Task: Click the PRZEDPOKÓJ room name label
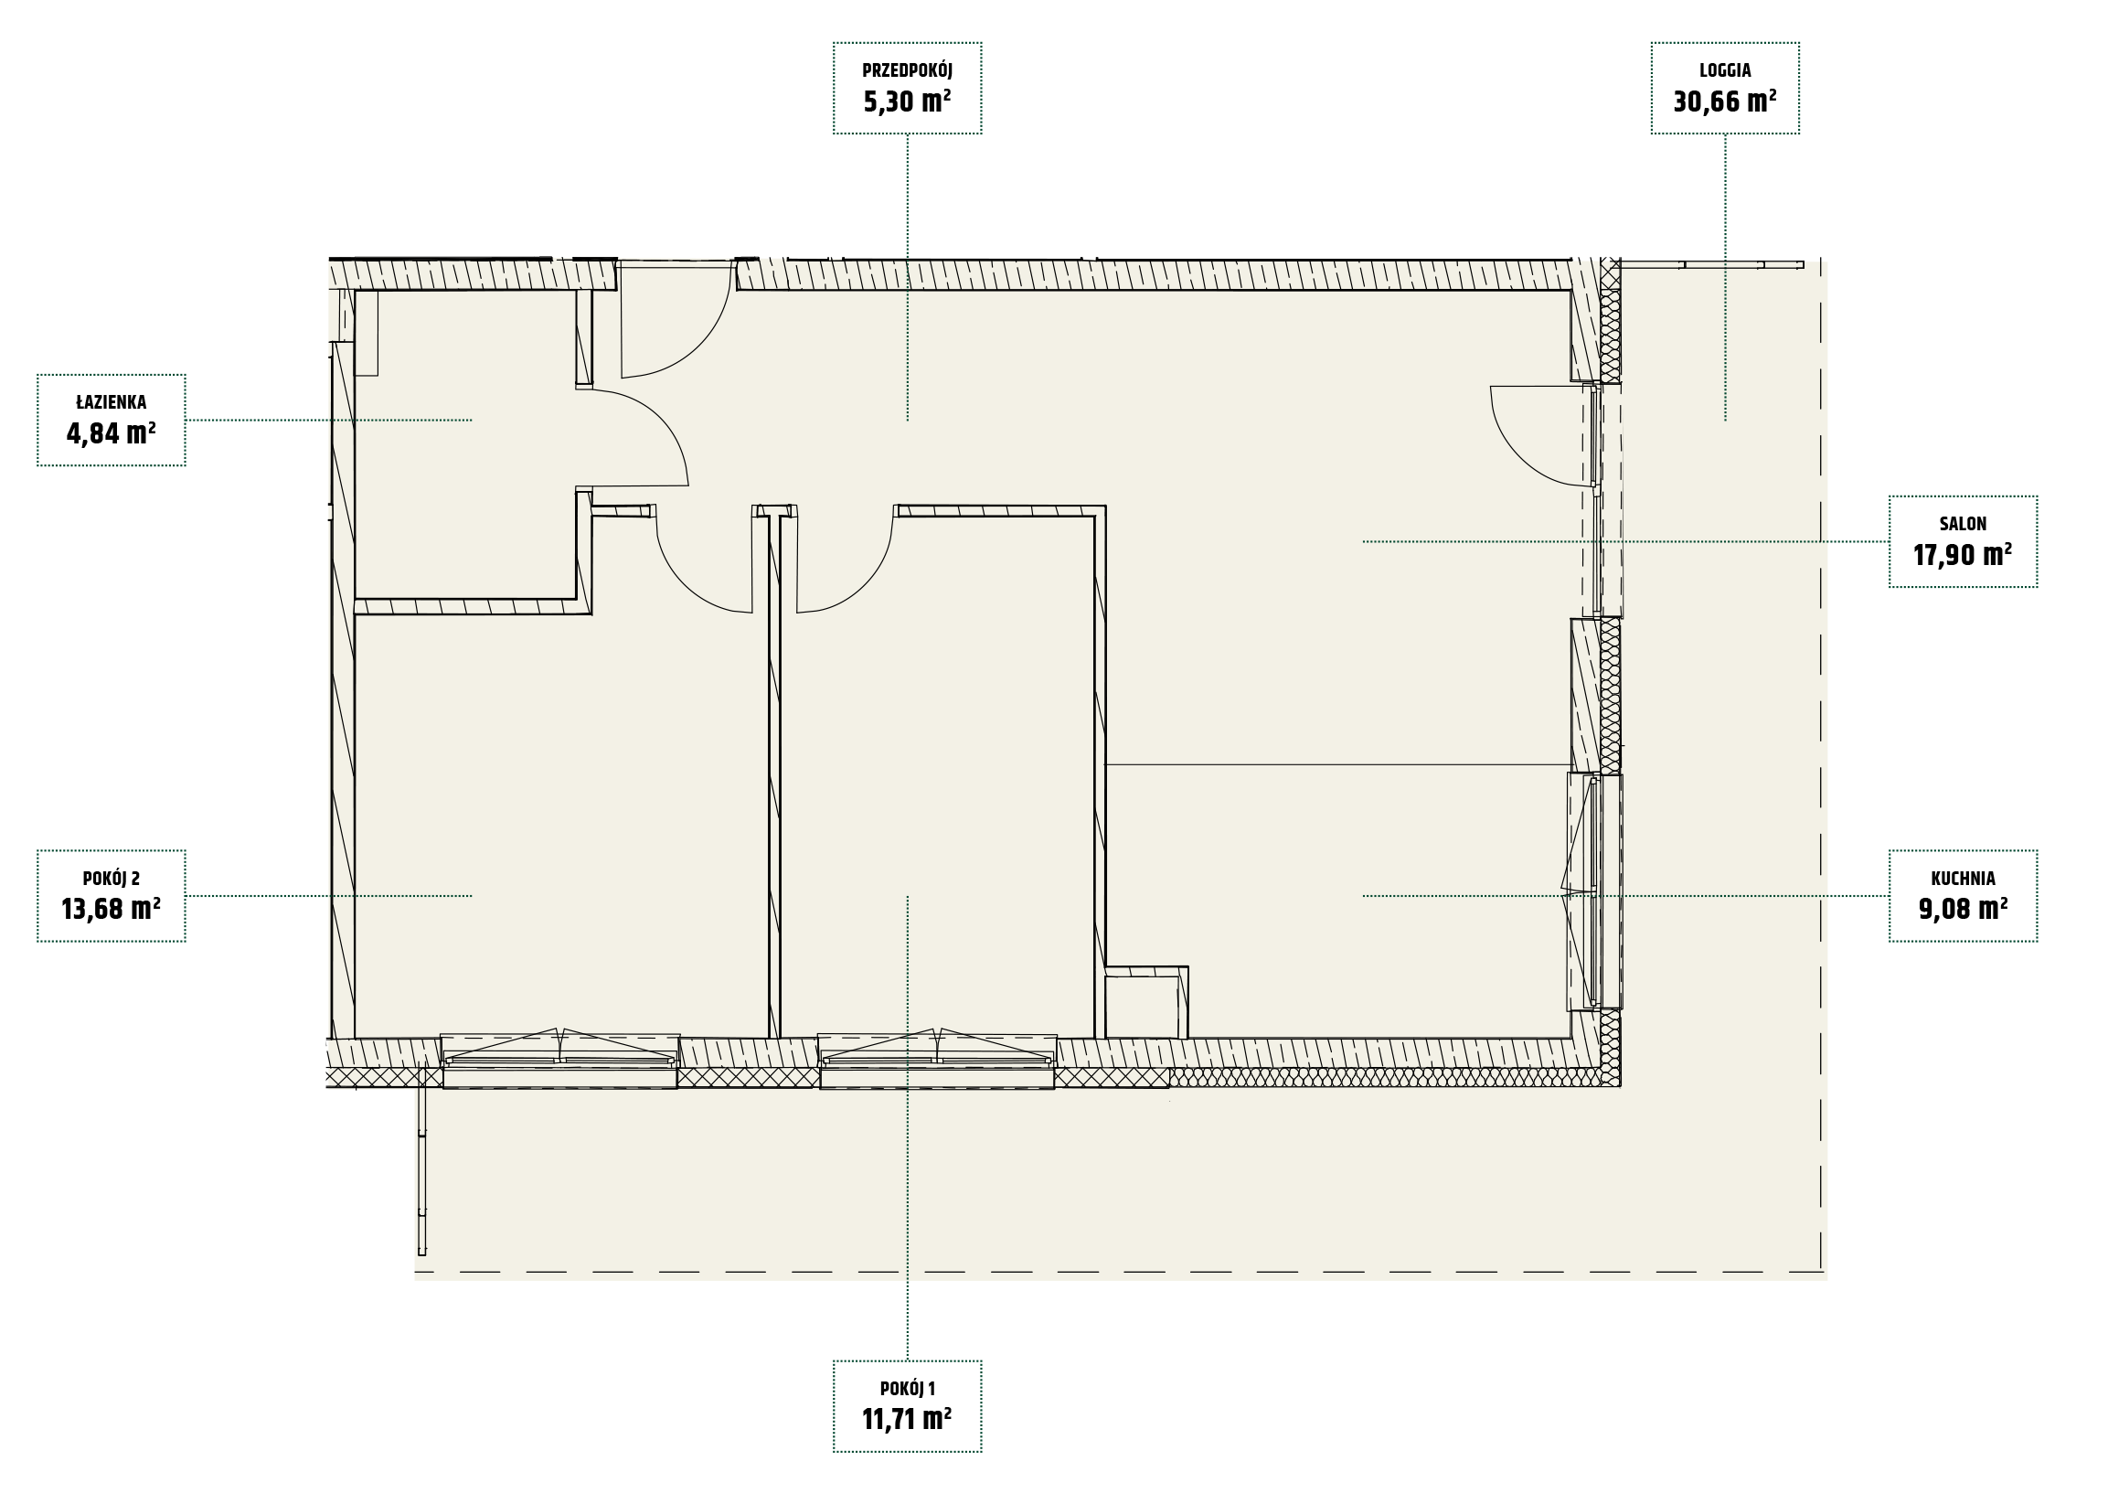tap(907, 70)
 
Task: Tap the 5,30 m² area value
tap(907, 101)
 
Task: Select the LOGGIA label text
tap(1725, 70)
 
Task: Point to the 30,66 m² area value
tap(1725, 101)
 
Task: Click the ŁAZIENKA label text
tap(112, 403)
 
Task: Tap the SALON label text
tap(1963, 524)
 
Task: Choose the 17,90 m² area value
tap(1963, 555)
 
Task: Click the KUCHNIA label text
tap(1963, 879)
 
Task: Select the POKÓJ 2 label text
tap(112, 879)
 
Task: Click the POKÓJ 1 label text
tap(907, 1389)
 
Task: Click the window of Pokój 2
tap(560, 1060)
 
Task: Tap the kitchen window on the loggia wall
tap(1593, 891)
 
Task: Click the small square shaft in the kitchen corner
tap(1147, 1003)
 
